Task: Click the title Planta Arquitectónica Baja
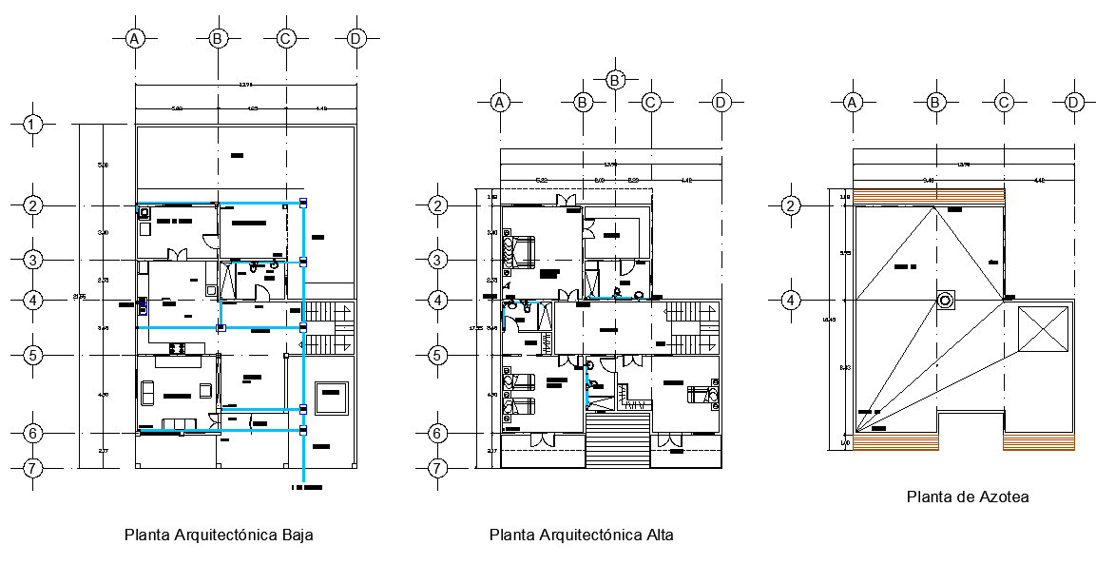(x=219, y=535)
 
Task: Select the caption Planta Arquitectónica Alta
(x=581, y=535)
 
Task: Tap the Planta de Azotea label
(x=968, y=497)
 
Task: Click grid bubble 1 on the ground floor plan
(x=33, y=124)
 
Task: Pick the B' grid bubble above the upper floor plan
(x=615, y=80)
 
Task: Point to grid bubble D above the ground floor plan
(x=356, y=38)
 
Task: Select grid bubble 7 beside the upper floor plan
(x=437, y=468)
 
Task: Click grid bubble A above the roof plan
(x=853, y=102)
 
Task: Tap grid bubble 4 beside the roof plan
(x=791, y=301)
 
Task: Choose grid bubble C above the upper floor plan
(x=651, y=102)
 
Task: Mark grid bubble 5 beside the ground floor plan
(x=33, y=355)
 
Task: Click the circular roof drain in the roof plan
(x=946, y=301)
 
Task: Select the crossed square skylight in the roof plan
(x=1043, y=335)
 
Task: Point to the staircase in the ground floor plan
(x=329, y=328)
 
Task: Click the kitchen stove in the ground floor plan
(x=175, y=348)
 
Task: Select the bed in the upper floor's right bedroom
(x=701, y=393)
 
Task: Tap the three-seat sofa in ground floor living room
(x=179, y=423)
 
